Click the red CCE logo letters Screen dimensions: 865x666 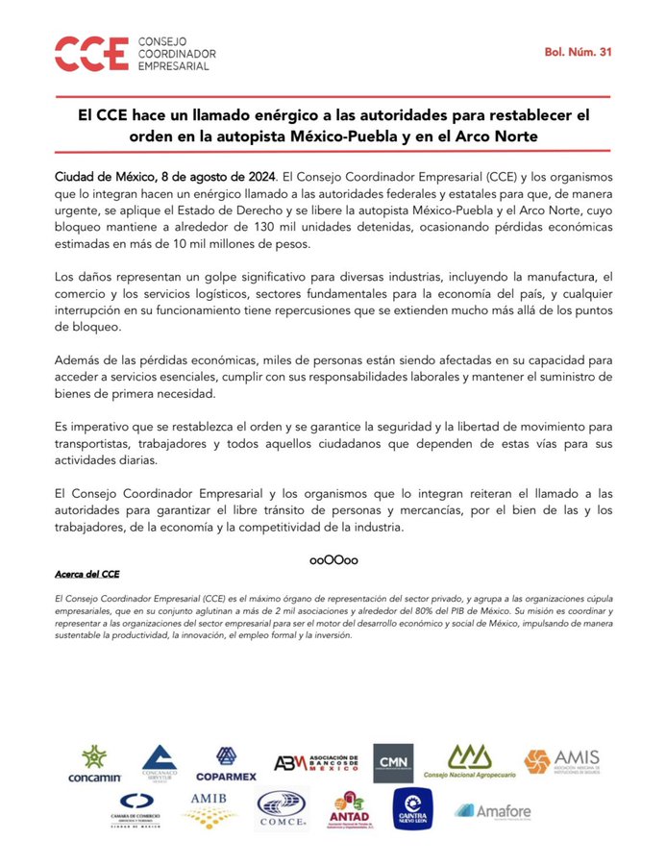coord(91,53)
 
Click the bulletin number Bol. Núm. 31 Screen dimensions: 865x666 coord(578,52)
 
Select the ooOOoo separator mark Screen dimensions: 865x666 coord(333,558)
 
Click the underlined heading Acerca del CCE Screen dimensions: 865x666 coord(87,574)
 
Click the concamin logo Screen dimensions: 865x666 coord(93,764)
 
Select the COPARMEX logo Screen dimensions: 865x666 coord(226,764)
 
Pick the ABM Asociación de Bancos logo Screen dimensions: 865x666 coord(316,764)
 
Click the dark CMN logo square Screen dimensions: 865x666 coord(393,763)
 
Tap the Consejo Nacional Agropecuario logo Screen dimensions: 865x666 coord(468,763)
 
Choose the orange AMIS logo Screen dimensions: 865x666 coord(562,763)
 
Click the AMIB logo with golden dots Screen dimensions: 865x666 coord(209,810)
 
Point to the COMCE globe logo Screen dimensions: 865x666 coord(283,810)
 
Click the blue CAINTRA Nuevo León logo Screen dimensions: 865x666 coord(412,809)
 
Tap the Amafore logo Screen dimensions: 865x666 coord(493,811)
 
